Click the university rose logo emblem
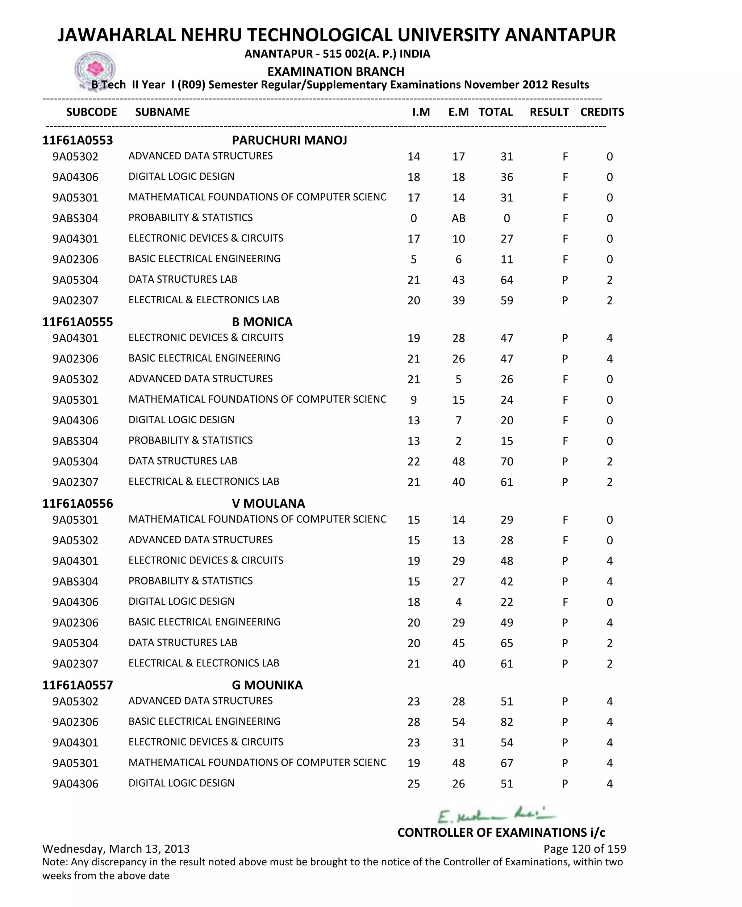(95, 69)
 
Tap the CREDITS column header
(602, 112)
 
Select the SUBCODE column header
(91, 112)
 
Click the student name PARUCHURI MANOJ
(289, 140)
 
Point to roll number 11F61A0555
(78, 322)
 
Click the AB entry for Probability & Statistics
(458, 219)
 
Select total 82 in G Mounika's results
(507, 722)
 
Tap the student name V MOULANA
(268, 504)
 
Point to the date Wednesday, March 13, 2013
(116, 848)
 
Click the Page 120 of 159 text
(584, 848)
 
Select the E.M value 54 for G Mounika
(458, 722)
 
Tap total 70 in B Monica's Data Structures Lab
(507, 462)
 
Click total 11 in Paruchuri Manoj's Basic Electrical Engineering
(507, 259)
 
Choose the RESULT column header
(549, 112)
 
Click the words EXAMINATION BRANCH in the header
(335, 71)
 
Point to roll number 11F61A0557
(78, 685)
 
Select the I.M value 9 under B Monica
(413, 400)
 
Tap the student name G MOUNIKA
(267, 685)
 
